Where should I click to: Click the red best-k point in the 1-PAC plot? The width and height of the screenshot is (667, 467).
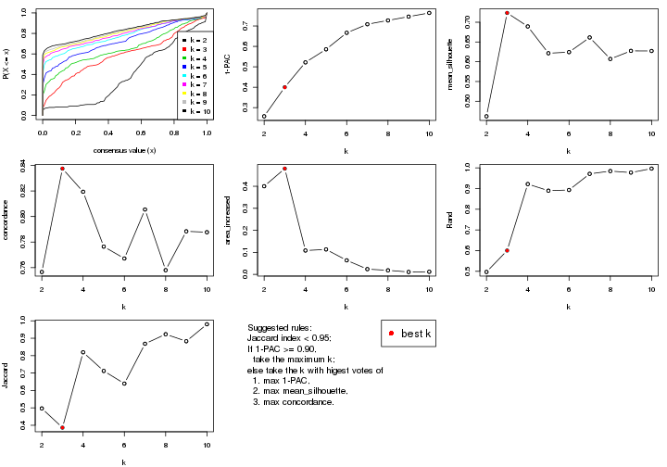coord(284,87)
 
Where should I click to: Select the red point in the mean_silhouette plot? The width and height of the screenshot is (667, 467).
coord(507,13)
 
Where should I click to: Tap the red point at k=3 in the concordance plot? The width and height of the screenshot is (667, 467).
coord(62,169)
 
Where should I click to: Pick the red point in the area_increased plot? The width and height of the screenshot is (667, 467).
coord(284,169)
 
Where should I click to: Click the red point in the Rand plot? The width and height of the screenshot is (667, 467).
coord(507,250)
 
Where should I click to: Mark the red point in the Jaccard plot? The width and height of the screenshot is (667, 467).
coord(62,427)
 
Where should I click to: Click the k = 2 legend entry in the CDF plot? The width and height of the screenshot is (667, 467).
coord(196,41)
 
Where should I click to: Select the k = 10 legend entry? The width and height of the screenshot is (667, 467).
coord(196,110)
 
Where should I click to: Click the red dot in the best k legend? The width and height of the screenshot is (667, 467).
coord(391,334)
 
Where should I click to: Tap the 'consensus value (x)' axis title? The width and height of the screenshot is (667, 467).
coord(124,150)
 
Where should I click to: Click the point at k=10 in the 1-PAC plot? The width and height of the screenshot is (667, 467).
coord(429,13)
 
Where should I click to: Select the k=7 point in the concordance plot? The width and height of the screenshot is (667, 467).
coord(145,209)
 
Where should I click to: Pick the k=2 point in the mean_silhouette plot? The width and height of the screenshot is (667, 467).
coord(486,116)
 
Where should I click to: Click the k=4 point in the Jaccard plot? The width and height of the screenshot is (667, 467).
coord(82,352)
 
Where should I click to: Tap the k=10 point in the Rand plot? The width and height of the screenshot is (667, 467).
coord(651,168)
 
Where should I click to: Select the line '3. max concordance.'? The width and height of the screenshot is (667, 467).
coord(293,401)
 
